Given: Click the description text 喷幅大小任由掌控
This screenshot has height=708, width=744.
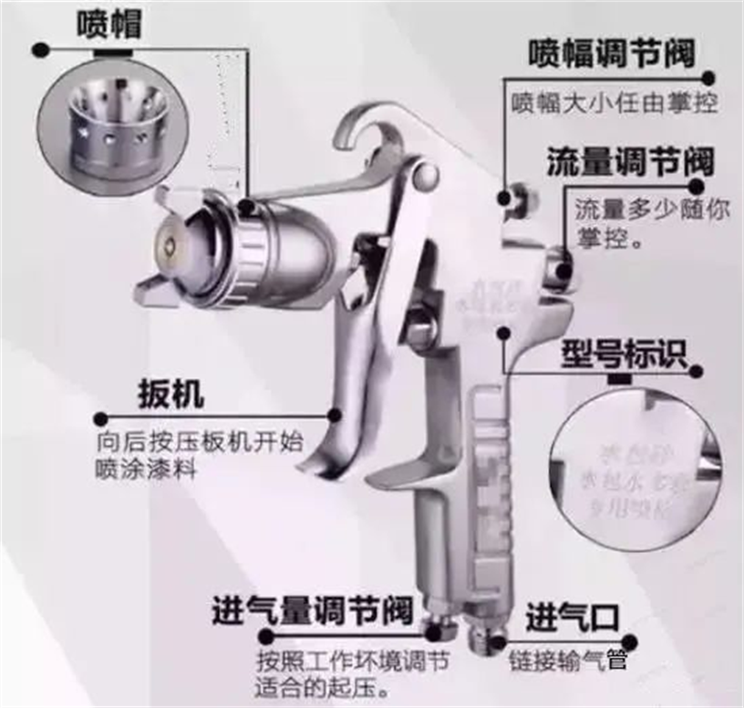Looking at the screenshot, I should pyautogui.click(x=613, y=101).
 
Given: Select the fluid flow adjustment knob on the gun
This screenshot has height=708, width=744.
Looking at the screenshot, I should pyautogui.click(x=560, y=265).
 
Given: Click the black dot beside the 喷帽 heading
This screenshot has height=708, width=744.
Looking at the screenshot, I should pyautogui.click(x=38, y=47).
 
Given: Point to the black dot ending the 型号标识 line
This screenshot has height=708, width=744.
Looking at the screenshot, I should pyautogui.click(x=697, y=373).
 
